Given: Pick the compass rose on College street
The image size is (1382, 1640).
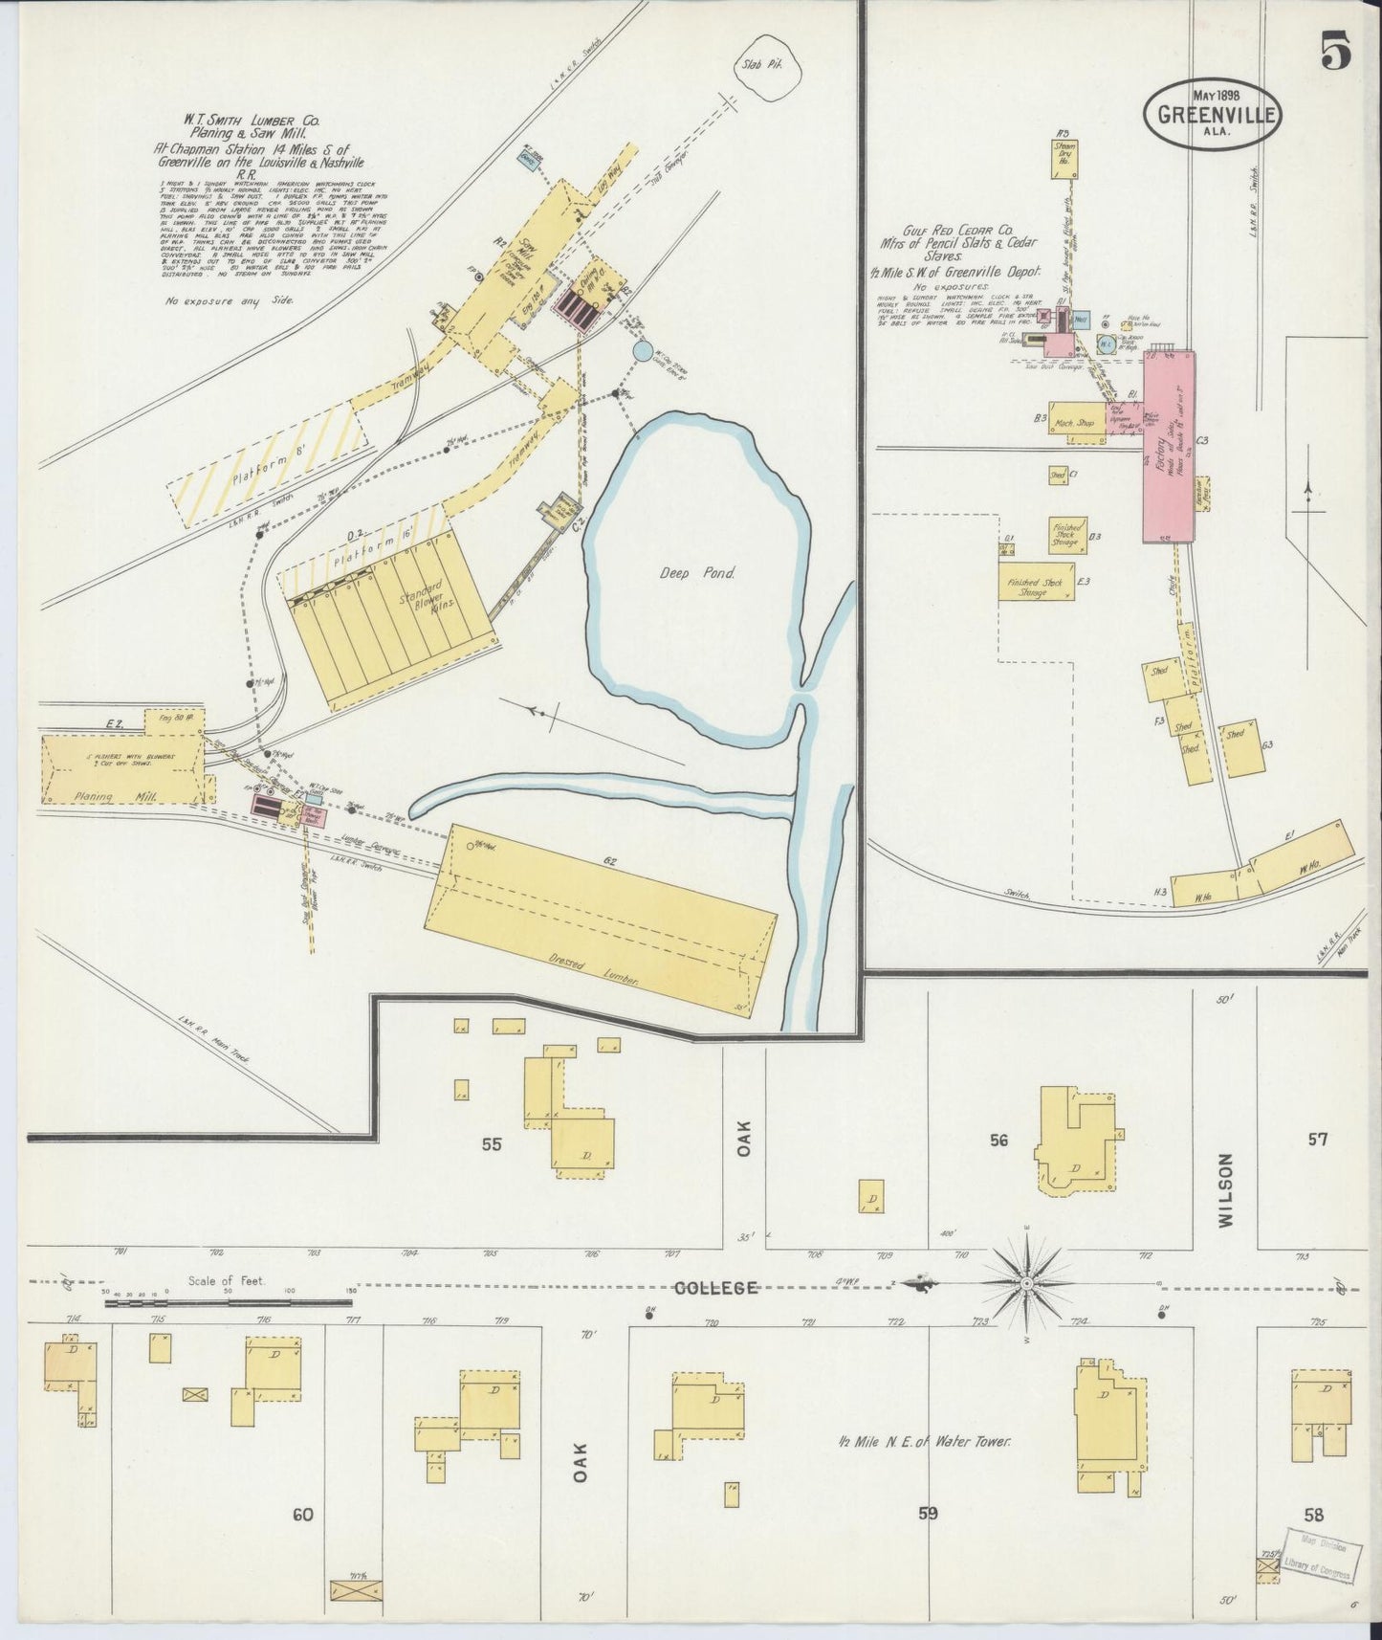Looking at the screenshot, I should click(x=1026, y=1282).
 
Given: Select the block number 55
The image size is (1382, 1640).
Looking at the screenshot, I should click(x=492, y=1142).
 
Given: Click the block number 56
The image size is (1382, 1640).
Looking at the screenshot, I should click(x=998, y=1139).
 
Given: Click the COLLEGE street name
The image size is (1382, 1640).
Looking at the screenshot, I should click(x=716, y=1288).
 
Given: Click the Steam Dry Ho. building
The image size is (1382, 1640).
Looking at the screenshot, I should click(x=1064, y=158).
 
